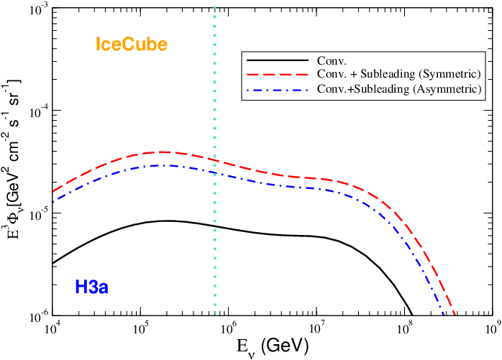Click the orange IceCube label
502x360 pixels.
point(132,45)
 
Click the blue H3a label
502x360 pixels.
point(91,288)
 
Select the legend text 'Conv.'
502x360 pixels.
point(330,60)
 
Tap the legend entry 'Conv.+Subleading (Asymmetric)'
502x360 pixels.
point(398,88)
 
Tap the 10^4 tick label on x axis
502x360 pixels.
point(53,329)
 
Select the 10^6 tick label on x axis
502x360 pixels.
point(229,329)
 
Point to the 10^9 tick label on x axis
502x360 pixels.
point(492,329)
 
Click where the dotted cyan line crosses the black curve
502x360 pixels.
point(214,226)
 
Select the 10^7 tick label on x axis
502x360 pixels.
point(316,329)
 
